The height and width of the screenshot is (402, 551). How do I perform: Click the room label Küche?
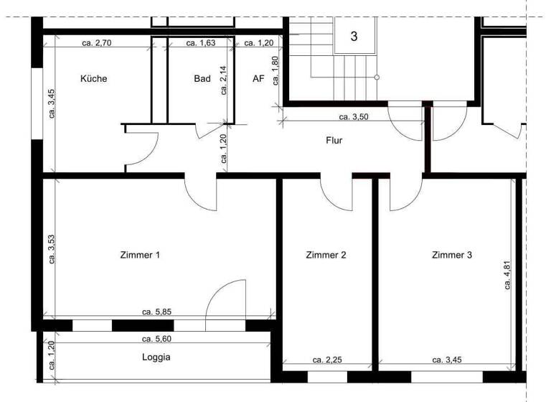(94, 79)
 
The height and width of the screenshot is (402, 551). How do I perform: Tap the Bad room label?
(202, 79)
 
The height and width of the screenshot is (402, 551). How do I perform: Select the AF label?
(258, 79)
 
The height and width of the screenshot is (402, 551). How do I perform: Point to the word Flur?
(334, 141)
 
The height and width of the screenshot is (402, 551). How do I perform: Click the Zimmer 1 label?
(140, 255)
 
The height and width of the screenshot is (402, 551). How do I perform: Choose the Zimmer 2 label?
(326, 255)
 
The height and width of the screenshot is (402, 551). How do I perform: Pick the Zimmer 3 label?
(452, 255)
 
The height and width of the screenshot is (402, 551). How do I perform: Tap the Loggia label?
(156, 356)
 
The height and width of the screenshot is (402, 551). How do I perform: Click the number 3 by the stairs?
(354, 36)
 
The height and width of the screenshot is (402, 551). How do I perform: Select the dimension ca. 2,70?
(96, 43)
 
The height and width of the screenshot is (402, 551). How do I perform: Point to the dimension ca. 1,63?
(201, 43)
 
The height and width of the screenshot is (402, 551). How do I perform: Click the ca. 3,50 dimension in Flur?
(354, 116)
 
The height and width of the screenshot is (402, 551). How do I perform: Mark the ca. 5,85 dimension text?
(156, 312)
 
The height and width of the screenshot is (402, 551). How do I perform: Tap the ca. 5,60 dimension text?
(156, 339)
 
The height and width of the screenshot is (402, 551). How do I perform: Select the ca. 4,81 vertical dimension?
(507, 274)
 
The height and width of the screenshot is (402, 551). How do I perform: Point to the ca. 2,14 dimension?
(224, 80)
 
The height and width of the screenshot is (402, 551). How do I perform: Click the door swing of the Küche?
(146, 151)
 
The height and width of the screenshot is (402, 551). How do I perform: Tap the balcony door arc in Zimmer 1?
(224, 298)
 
